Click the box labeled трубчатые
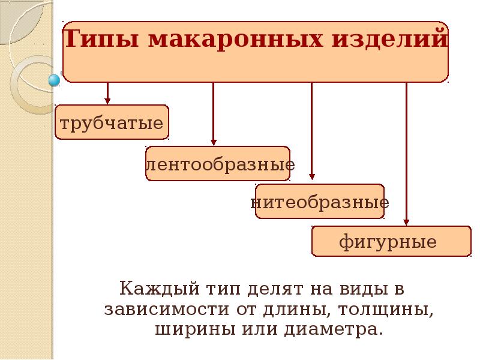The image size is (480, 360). coord(112,123)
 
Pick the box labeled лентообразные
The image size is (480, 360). coord(218,164)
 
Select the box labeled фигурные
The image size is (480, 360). coord(391,241)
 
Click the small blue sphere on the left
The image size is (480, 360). coord(54,79)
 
